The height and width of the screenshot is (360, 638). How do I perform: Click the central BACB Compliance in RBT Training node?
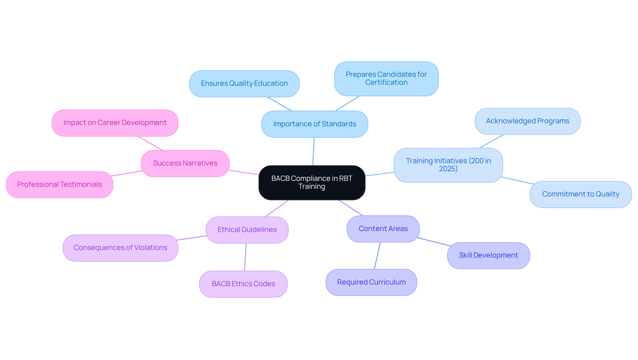click(x=312, y=182)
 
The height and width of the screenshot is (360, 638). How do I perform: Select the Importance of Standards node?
click(x=314, y=124)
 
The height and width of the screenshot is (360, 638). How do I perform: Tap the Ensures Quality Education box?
click(x=244, y=83)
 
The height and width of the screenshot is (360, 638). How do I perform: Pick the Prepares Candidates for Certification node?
click(x=386, y=78)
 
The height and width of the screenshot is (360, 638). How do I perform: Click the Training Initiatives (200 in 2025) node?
click(x=448, y=165)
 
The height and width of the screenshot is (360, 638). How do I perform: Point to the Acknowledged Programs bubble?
click(x=527, y=121)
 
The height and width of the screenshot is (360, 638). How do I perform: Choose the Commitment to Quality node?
click(x=581, y=194)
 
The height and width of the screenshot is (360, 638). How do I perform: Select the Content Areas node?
click(x=383, y=229)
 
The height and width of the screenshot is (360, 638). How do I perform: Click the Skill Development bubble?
click(x=488, y=255)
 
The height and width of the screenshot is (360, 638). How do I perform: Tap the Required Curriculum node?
click(x=371, y=282)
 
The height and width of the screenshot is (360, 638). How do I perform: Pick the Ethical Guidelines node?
click(x=247, y=230)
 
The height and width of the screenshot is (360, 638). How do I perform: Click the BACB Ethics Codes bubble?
click(x=243, y=284)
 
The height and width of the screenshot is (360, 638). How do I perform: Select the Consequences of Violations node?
click(x=120, y=248)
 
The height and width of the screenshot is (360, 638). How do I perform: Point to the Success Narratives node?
click(x=185, y=163)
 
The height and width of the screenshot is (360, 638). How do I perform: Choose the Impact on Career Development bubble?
click(x=115, y=123)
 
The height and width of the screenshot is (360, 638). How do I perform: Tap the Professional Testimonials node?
click(x=59, y=184)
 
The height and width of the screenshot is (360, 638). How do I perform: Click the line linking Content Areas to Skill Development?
click(x=434, y=242)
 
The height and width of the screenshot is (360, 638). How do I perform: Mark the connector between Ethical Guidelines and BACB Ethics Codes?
click(x=245, y=257)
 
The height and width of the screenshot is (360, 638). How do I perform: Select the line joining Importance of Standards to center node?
click(x=313, y=151)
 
